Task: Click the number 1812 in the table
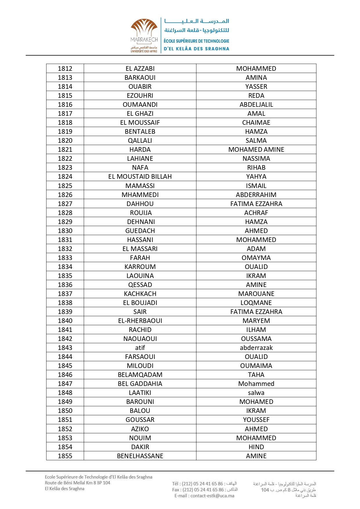(65, 68)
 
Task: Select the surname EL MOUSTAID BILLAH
(140, 176)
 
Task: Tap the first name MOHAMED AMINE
(256, 149)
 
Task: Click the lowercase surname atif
(140, 348)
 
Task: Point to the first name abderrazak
(256, 348)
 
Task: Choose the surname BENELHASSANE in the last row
(140, 456)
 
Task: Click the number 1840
(65, 321)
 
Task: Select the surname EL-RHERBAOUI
(140, 321)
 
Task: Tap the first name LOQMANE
(256, 303)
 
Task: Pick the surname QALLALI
(140, 140)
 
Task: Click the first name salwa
(256, 393)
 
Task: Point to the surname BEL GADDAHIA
(140, 384)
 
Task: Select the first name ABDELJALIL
(256, 104)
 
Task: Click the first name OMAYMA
(256, 258)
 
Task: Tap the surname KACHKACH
(140, 294)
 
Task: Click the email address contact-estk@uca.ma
(205, 496)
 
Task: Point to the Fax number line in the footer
(205, 490)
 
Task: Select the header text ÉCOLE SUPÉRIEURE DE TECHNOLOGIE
(196, 41)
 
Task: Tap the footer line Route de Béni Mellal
(77, 483)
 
